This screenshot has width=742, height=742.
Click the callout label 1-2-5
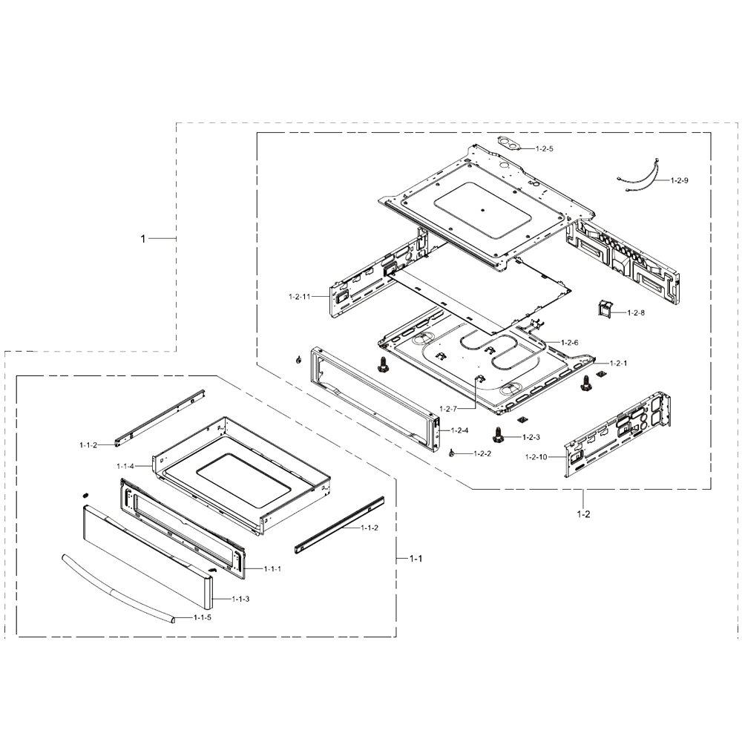[544, 148]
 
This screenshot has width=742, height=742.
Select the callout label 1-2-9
[680, 180]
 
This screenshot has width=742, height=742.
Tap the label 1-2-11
[299, 297]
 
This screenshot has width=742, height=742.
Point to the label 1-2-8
[636, 313]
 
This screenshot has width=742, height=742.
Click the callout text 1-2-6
[570, 342]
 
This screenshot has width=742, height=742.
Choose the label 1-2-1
[619, 364]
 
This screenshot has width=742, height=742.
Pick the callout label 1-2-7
[448, 408]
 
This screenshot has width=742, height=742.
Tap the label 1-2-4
[459, 430]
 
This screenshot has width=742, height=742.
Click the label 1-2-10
[536, 456]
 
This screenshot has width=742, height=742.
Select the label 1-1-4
[125, 466]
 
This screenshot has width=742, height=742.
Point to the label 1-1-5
[203, 617]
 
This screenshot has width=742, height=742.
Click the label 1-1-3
[240, 599]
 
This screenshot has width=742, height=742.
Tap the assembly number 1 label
[143, 239]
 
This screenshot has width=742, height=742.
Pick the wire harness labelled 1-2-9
[639, 176]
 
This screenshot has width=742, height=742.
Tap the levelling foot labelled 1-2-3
[497, 435]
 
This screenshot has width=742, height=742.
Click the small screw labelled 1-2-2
[452, 454]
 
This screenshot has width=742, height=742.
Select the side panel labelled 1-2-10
[617, 434]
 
